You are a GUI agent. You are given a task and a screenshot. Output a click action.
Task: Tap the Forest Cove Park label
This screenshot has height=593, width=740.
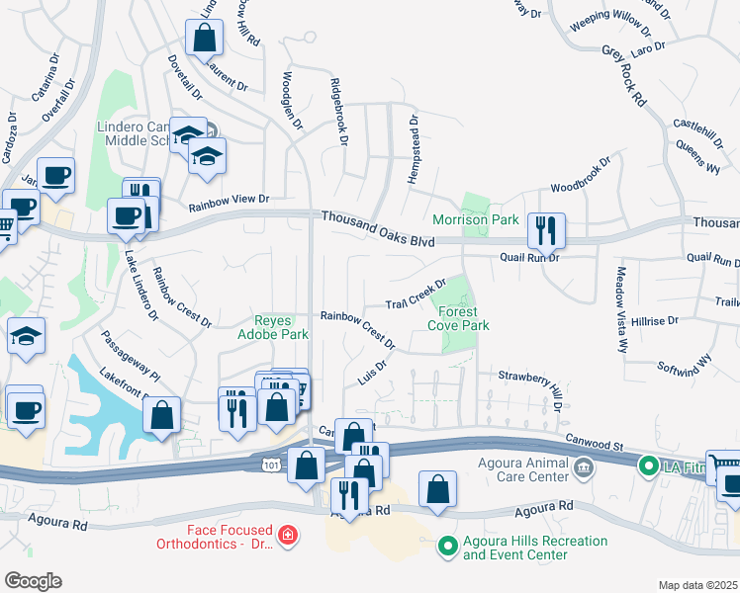coord(457,318)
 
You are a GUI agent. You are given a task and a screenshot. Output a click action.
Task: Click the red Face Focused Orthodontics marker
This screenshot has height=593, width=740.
coord(286,535)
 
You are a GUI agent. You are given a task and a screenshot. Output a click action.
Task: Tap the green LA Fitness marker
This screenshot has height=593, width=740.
coord(649,464)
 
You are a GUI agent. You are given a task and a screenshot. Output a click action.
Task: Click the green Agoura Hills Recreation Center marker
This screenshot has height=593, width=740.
coord(447,545)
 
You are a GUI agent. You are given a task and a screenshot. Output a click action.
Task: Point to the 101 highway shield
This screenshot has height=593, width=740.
coord(271,462)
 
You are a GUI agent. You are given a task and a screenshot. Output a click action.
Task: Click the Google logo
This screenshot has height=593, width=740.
coord(33,580)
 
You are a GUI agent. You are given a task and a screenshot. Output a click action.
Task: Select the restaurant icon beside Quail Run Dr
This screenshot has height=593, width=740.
coord(545,231)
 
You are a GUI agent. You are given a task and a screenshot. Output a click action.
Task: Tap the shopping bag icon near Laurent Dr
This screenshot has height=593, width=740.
coord(204,39)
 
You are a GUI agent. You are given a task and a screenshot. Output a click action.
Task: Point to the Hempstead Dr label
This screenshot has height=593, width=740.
coord(415,148)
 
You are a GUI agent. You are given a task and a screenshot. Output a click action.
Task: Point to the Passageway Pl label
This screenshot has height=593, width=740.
coord(129,357)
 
